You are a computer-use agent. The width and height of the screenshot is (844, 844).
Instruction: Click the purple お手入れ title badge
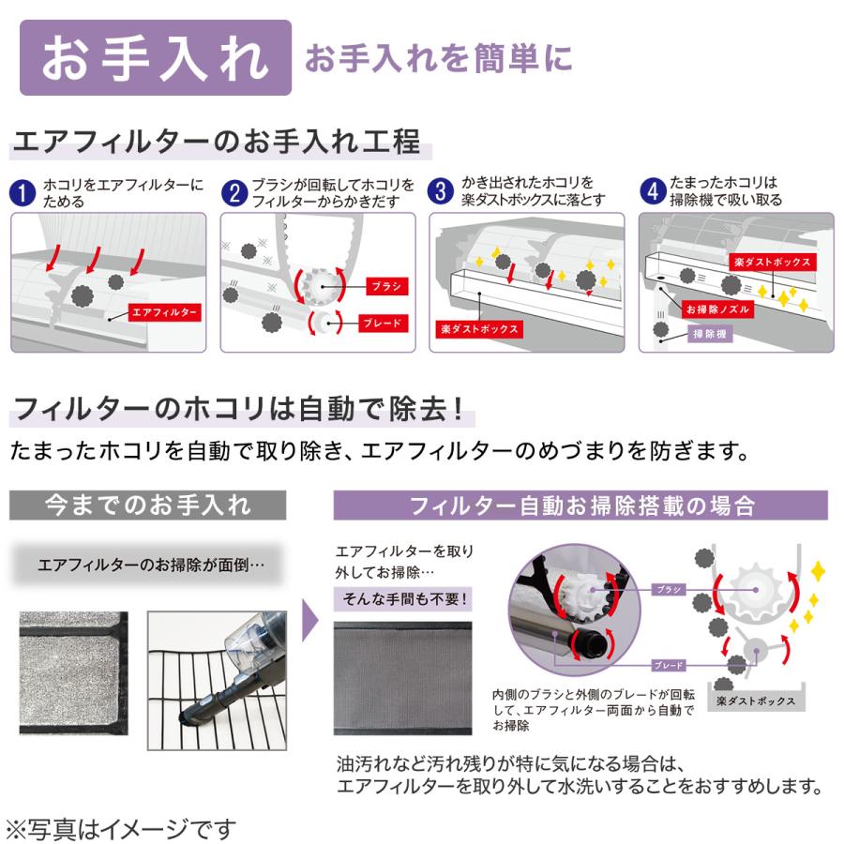click(x=155, y=58)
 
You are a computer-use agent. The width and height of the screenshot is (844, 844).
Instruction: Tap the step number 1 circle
click(x=23, y=193)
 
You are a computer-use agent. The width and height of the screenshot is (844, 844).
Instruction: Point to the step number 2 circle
click(x=234, y=193)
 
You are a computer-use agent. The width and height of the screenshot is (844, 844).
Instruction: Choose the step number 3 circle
click(x=442, y=192)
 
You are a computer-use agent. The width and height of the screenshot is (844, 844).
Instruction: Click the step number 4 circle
click(x=653, y=192)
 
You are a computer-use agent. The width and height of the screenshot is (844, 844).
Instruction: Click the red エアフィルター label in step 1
click(x=162, y=310)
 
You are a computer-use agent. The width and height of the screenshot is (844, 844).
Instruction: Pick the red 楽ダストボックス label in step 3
click(x=478, y=330)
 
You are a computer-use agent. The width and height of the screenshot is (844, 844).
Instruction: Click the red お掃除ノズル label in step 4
click(x=716, y=309)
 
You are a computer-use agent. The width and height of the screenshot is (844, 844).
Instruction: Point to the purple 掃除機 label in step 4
click(x=712, y=334)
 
